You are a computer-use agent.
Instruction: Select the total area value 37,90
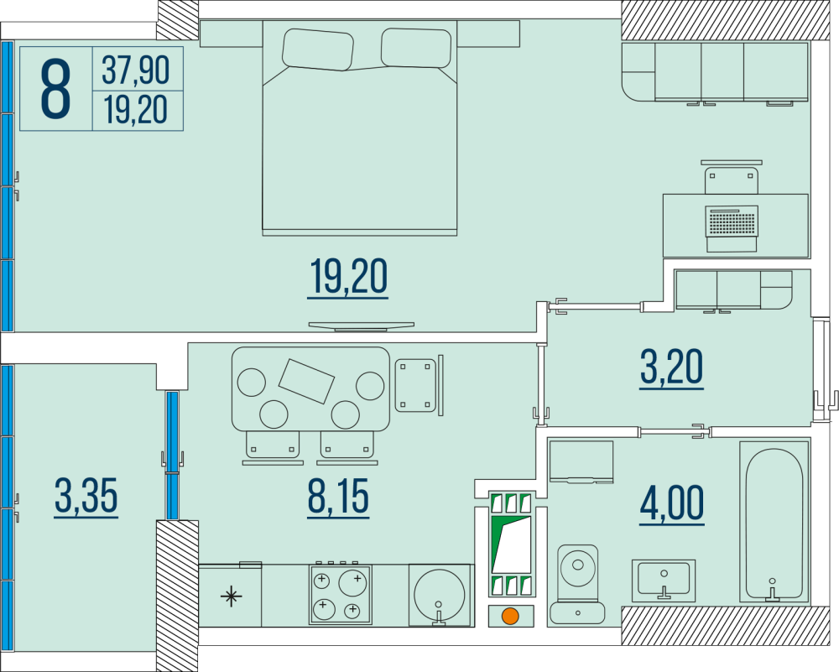(x=136, y=70)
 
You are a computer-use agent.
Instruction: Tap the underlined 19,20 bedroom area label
(x=348, y=279)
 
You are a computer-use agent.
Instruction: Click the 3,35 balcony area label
(x=86, y=497)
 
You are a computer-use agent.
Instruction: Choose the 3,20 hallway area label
(x=671, y=368)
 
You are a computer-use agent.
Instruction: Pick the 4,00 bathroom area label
(x=671, y=505)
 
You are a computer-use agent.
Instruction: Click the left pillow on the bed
(x=318, y=49)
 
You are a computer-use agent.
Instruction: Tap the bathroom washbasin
(x=664, y=580)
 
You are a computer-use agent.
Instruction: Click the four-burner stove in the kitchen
(x=341, y=593)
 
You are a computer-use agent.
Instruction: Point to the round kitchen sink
(x=440, y=594)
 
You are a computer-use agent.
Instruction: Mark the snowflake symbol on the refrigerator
(x=231, y=596)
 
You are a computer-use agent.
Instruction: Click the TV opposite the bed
(x=361, y=326)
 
